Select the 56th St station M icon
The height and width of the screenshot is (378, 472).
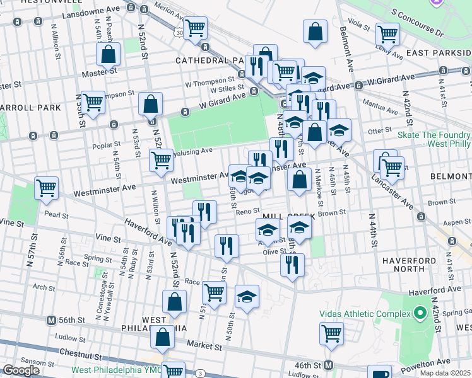tap(52, 320)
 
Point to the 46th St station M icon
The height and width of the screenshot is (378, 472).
tap(329, 365)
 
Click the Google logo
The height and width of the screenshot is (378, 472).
tap(21, 370)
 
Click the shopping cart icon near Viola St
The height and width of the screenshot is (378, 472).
tap(387, 34)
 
